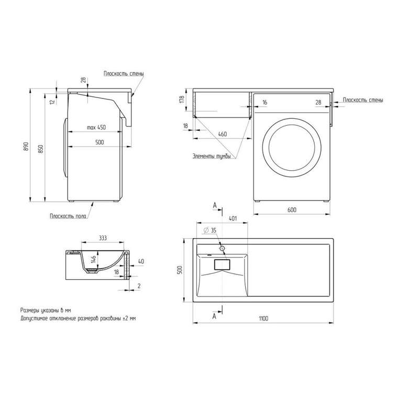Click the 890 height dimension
26,147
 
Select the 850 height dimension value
41,149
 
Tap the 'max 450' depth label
96,127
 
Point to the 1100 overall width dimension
263,318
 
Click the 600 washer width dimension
292,209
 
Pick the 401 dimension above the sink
233,218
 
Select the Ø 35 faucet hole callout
210,230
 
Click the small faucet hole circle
222,248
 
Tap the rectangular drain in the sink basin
222,264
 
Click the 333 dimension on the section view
103,238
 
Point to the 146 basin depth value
93,259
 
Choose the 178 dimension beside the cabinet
182,99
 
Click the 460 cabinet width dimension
223,134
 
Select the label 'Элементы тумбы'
212,156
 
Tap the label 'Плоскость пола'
68,216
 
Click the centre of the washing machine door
292,147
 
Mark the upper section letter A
215,205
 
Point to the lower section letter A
215,316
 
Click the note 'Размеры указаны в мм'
46,310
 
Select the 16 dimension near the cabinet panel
265,102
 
